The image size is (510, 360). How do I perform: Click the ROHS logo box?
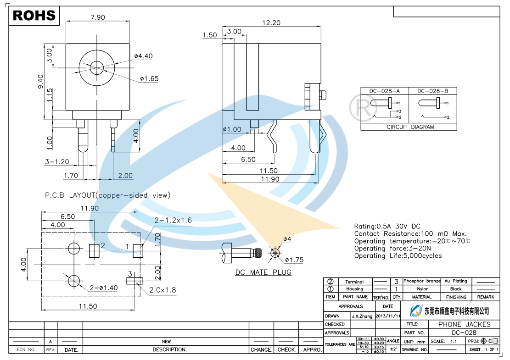pos(34,16)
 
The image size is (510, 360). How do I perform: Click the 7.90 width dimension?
pos(97,17)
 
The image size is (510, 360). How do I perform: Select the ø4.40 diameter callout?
pos(143,56)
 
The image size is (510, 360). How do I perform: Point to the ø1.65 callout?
pos(149,79)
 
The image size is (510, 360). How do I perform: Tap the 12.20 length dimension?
pos(271,22)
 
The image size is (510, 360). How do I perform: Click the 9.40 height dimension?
pos(40,82)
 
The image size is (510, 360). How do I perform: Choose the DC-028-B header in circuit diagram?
pos(432,91)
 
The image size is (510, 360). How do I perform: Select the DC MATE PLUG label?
pos(263,272)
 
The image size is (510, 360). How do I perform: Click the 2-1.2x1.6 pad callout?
pos(173,221)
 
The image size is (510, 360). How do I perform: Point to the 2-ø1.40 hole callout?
pos(103,288)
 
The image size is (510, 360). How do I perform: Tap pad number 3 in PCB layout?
pos(130,274)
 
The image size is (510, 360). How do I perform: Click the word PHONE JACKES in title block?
pos(464,324)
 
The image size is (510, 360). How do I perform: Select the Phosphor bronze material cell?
pos(422,281)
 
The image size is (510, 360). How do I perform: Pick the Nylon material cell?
pos(422,289)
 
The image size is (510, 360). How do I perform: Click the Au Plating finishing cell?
pos(455,281)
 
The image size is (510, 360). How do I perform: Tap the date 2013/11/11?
pos(388,316)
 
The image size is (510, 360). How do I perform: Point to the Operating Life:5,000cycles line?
pos(398,256)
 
